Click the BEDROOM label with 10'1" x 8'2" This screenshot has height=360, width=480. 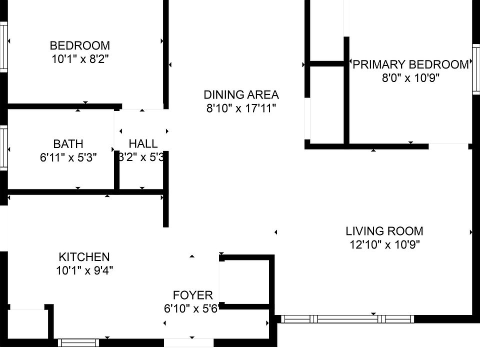pyautogui.click(x=80, y=45)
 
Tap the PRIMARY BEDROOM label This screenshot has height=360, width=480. pyautogui.click(x=411, y=64)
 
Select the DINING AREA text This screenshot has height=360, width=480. pyautogui.click(x=241, y=94)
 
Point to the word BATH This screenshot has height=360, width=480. pyautogui.click(x=68, y=144)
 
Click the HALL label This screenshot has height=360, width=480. pyautogui.click(x=143, y=144)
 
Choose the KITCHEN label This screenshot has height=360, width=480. pyautogui.click(x=84, y=257)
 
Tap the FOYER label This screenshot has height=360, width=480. pyautogui.click(x=192, y=295)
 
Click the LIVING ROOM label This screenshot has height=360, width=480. pyautogui.click(x=384, y=231)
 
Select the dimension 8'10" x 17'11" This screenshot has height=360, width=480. pyautogui.click(x=241, y=108)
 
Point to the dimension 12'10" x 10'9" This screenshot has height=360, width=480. pyautogui.click(x=384, y=245)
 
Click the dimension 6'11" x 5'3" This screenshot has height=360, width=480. pyautogui.click(x=68, y=158)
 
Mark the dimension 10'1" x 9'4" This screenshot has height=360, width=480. pyautogui.click(x=84, y=270)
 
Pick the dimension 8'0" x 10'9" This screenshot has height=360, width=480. pyautogui.click(x=411, y=78)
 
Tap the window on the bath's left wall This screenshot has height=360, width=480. pyautogui.click(x=3, y=148)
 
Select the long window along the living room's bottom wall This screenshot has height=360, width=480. pyautogui.click(x=347, y=319)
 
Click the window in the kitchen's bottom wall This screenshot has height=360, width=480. pyautogui.click(x=78, y=343)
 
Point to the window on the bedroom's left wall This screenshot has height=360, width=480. pyautogui.click(x=3, y=46)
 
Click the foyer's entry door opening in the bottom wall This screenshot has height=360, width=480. pyautogui.click(x=189, y=343)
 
